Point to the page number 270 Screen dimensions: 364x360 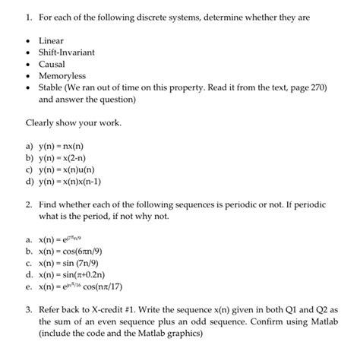[x=314, y=88]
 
